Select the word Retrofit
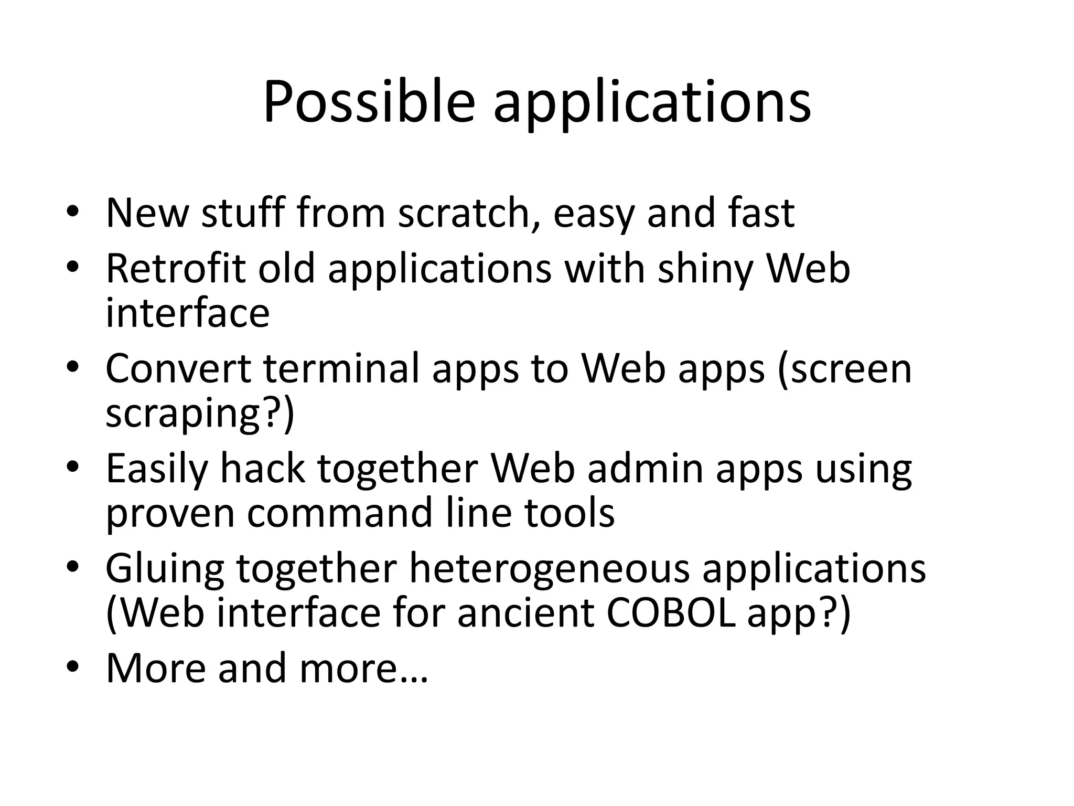coord(175,268)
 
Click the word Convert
coord(178,368)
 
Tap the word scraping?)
coord(200,413)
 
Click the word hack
coord(262,468)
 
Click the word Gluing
coord(165,569)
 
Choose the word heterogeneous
coord(549,569)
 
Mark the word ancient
coord(525,613)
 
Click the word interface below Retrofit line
coord(188,313)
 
